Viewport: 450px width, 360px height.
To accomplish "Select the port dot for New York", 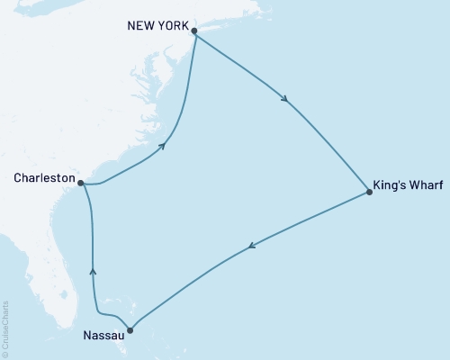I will (194, 31).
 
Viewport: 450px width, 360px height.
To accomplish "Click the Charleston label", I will (44, 178).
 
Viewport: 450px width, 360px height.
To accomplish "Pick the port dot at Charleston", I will (81, 183).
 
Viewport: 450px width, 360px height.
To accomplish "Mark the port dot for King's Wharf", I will (370, 192).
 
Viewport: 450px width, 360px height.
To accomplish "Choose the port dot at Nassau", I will (131, 329).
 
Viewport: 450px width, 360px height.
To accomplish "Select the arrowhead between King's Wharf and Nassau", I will (253, 245).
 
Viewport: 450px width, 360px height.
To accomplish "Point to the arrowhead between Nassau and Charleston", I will (94, 271).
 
